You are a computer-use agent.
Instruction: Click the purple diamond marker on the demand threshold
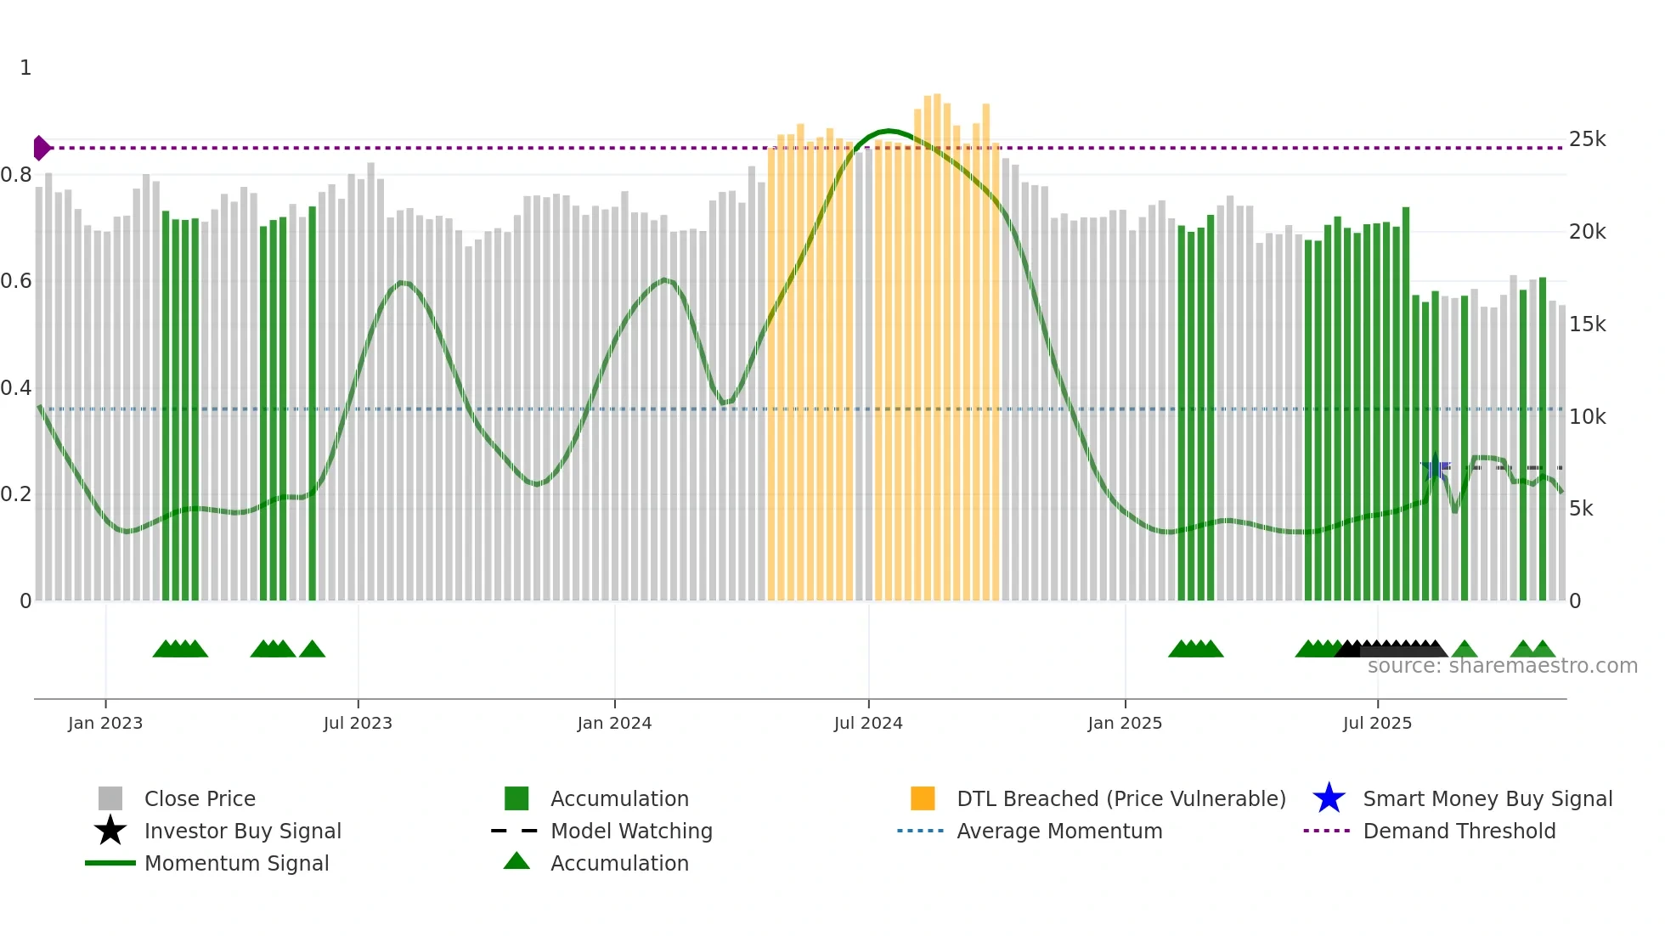[x=41, y=148]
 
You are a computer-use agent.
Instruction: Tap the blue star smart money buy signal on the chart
[x=1435, y=467]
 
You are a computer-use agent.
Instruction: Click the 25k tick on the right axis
[x=1587, y=139]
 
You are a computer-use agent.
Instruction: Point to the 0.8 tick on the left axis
[x=17, y=175]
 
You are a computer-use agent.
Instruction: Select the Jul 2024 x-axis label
[x=868, y=723]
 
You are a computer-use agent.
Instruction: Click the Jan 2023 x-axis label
[x=105, y=723]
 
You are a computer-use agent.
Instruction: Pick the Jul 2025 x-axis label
[x=1377, y=723]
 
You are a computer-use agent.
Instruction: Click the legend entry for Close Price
[x=200, y=798]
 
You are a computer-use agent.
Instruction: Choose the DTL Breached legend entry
[x=1120, y=798]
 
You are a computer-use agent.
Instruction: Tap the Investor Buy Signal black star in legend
[x=110, y=831]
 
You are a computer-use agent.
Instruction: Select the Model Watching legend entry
[x=631, y=831]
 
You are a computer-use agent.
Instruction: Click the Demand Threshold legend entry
[x=1459, y=831]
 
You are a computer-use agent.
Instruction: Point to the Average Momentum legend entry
[x=1058, y=831]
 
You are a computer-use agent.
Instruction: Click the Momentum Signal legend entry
[x=236, y=863]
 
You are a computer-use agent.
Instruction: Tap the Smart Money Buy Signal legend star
[x=1329, y=798]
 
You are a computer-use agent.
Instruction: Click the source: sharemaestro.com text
[x=1502, y=666]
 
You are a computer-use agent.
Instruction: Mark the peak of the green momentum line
[x=889, y=131]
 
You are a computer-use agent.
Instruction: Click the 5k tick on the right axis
[x=1581, y=509]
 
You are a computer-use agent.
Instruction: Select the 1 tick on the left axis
[x=25, y=68]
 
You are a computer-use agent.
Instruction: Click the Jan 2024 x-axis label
[x=614, y=723]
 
